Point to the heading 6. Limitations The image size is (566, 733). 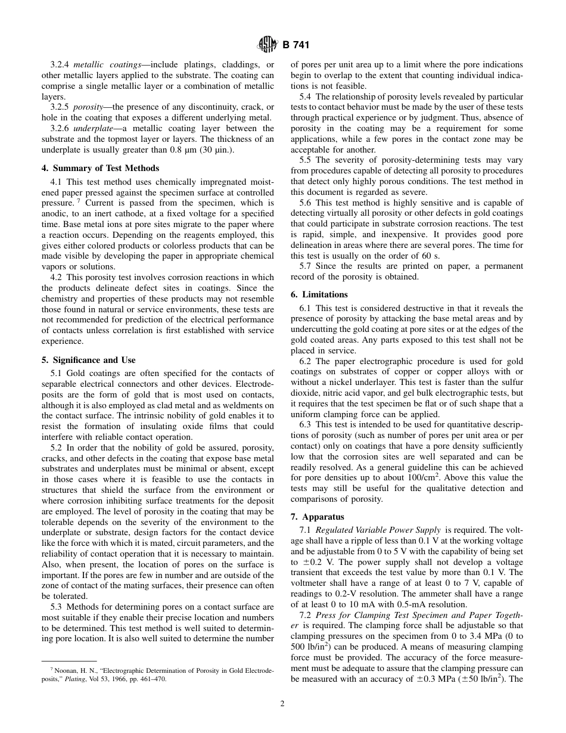tap(319, 294)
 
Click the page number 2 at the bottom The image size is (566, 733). tap(282, 703)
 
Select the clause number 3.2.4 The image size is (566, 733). tap(60, 64)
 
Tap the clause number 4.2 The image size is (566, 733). tap(57, 277)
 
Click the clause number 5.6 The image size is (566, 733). tap(306, 203)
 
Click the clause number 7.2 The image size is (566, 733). tap(306, 614)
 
